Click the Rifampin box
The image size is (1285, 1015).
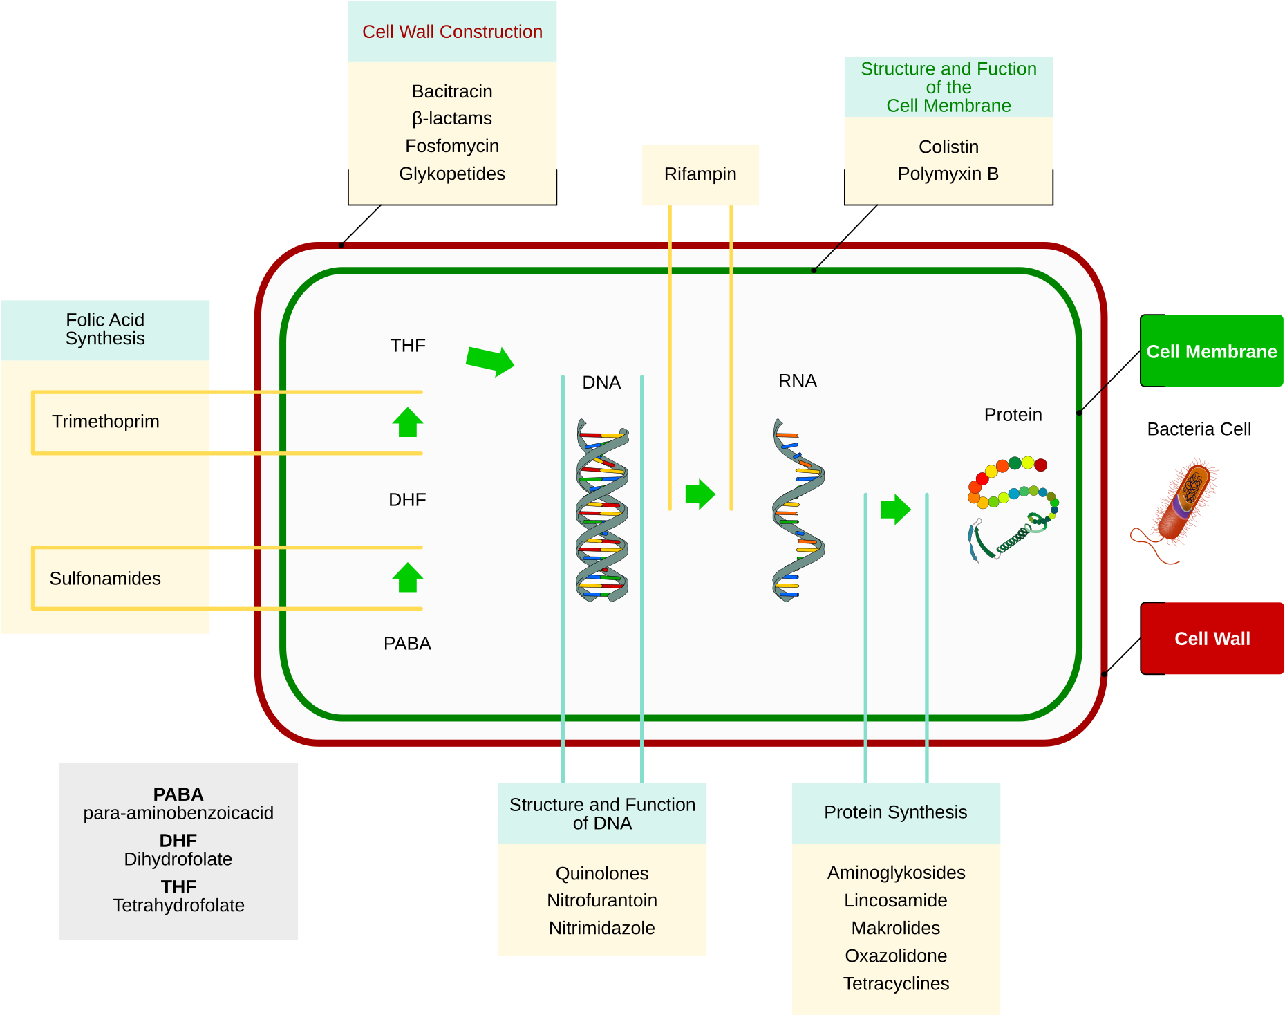tap(700, 174)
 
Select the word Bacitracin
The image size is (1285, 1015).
tap(452, 91)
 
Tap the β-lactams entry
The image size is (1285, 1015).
tap(452, 118)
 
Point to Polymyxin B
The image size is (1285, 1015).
tap(948, 174)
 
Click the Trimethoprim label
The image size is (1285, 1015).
tap(106, 422)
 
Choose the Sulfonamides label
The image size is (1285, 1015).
tap(105, 578)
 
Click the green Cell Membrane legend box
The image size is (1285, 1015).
tap(1211, 351)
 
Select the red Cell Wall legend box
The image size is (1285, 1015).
tap(1212, 638)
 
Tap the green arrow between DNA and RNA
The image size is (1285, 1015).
tap(700, 494)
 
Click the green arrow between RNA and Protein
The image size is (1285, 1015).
tap(895, 510)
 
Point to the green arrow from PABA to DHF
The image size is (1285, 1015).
tap(408, 577)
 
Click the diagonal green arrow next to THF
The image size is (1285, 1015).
tap(490, 360)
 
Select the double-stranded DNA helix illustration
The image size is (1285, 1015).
tap(602, 510)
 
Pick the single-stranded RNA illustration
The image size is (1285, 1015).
tap(798, 510)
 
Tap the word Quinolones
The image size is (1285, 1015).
tap(602, 873)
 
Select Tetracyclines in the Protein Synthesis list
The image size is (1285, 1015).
tap(896, 983)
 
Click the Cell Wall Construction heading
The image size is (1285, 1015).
tap(452, 32)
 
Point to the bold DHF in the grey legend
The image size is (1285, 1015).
tap(178, 841)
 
